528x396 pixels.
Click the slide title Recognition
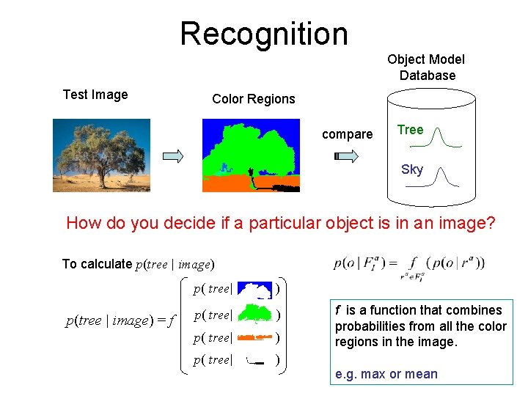pos(263,34)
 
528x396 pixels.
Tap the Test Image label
pos(95,95)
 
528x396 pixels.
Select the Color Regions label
pos(253,99)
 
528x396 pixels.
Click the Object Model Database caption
pos(426,67)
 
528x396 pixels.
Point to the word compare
pos(347,134)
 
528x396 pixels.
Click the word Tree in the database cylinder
pos(410,130)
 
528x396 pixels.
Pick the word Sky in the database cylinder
pos(411,169)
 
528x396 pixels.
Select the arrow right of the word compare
pos(346,155)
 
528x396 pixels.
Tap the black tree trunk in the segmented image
pos(252,178)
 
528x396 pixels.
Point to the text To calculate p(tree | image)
pos(137,264)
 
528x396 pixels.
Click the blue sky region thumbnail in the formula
pos(254,290)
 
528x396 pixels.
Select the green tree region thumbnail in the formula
pos(254,315)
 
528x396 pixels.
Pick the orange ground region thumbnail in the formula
pos(254,338)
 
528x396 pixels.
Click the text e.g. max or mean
pos(386,374)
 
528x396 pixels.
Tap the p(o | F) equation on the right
pos(408,264)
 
